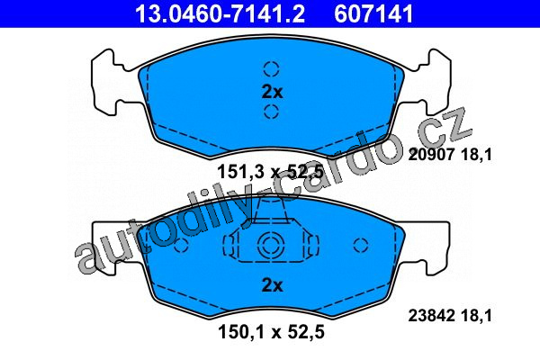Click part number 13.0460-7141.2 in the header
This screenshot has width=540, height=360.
pyautogui.click(x=220, y=13)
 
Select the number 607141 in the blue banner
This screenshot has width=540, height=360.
pyautogui.click(x=373, y=13)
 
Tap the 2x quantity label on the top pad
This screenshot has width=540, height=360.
pyautogui.click(x=272, y=92)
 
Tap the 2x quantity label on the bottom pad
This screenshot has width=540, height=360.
pyautogui.click(x=272, y=285)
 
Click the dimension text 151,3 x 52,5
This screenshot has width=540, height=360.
pyautogui.click(x=271, y=172)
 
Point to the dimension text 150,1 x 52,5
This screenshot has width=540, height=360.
pyautogui.click(x=271, y=332)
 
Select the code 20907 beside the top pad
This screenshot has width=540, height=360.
pyautogui.click(x=431, y=155)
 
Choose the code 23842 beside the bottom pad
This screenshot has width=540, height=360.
pyautogui.click(x=431, y=315)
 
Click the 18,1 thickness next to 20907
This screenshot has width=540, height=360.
pyautogui.click(x=476, y=155)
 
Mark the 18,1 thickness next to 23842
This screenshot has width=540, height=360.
pyautogui.click(x=476, y=315)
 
